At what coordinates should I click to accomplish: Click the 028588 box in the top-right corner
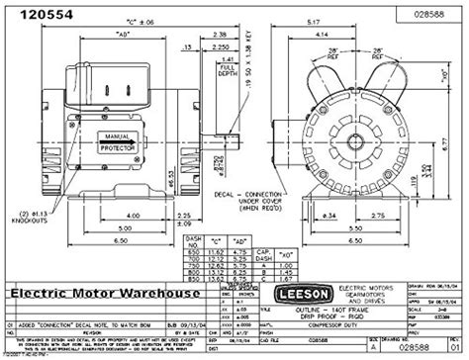(x=426, y=14)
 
